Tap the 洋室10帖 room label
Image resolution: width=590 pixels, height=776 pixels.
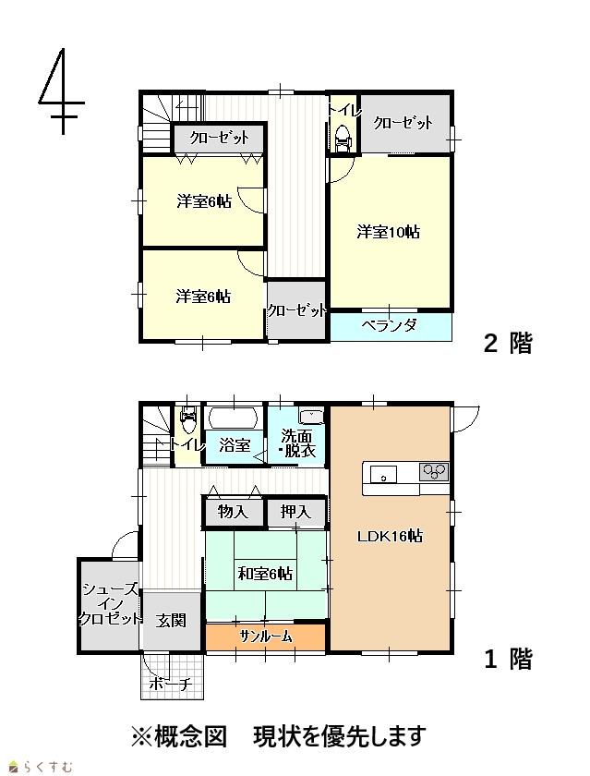[388, 232]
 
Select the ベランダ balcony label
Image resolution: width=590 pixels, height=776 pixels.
[390, 325]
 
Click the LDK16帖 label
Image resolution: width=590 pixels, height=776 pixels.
[390, 536]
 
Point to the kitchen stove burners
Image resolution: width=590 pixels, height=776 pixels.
[434, 471]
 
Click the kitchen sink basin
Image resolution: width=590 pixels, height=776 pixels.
[384, 475]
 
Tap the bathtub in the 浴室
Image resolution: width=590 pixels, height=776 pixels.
[234, 418]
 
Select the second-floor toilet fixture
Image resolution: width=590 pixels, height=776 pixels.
[343, 139]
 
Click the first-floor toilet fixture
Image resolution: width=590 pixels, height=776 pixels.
[188, 419]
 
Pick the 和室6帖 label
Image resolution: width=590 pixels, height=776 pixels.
[265, 574]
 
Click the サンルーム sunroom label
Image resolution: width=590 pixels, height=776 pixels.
[266, 637]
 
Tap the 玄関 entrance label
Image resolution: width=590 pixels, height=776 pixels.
[171, 620]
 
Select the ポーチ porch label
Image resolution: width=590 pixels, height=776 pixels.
[170, 685]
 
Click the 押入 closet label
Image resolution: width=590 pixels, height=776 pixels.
[295, 512]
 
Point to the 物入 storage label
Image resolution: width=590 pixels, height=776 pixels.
[233, 512]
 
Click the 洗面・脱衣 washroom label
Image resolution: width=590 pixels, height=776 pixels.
[296, 443]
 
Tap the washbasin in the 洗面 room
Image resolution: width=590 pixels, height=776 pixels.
[311, 417]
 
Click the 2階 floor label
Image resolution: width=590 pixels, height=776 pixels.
[508, 344]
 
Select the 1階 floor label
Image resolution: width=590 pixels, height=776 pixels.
[508, 660]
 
